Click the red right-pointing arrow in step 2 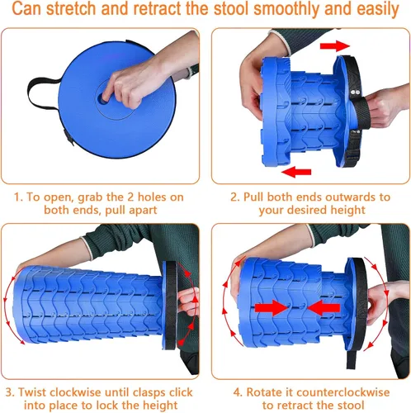pyautogui.click(x=333, y=43)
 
